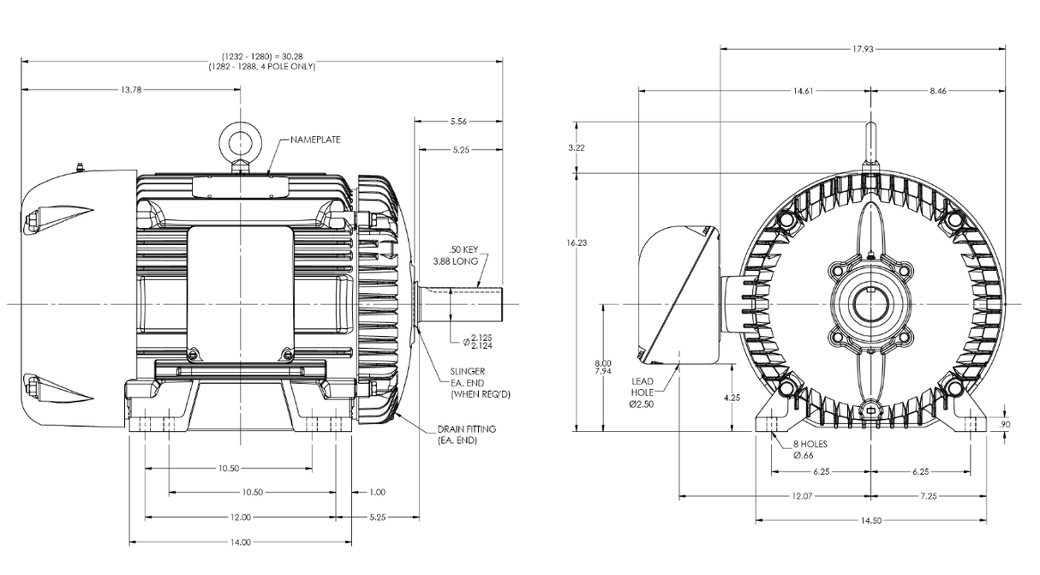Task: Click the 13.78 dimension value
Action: (131, 89)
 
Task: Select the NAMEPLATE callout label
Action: (313, 139)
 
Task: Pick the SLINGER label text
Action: (467, 372)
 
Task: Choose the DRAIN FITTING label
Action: (466, 429)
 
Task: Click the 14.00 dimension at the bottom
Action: (241, 542)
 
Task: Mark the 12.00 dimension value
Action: (241, 518)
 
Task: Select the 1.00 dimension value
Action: (377, 493)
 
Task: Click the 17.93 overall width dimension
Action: (863, 49)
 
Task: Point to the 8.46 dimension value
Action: (938, 90)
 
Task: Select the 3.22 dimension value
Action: (577, 148)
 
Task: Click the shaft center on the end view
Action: (871, 304)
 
